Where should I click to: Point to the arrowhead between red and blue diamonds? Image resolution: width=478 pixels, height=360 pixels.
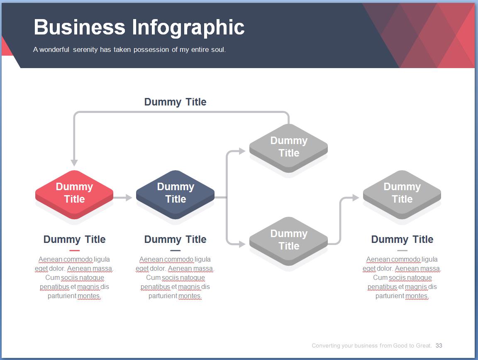click(x=129, y=198)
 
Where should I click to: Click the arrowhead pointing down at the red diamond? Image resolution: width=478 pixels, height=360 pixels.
click(x=74, y=162)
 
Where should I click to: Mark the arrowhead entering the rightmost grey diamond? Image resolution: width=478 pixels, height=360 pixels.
click(x=356, y=198)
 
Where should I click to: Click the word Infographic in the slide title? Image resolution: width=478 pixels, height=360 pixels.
click(x=188, y=27)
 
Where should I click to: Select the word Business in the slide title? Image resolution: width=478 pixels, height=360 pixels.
click(x=80, y=27)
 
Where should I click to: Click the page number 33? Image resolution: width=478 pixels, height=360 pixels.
click(x=439, y=345)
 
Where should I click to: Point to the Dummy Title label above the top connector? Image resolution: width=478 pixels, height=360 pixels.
click(x=175, y=102)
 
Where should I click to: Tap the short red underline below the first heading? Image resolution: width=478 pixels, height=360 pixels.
click(x=74, y=250)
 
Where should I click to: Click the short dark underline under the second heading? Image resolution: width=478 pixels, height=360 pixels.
click(x=175, y=250)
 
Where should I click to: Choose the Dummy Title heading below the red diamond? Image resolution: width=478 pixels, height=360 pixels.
click(x=74, y=240)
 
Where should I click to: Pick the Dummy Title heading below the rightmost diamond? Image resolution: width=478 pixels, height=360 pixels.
click(x=402, y=240)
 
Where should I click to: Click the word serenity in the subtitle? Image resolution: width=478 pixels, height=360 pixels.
click(x=85, y=50)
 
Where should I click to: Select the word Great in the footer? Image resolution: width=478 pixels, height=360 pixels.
click(x=424, y=345)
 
